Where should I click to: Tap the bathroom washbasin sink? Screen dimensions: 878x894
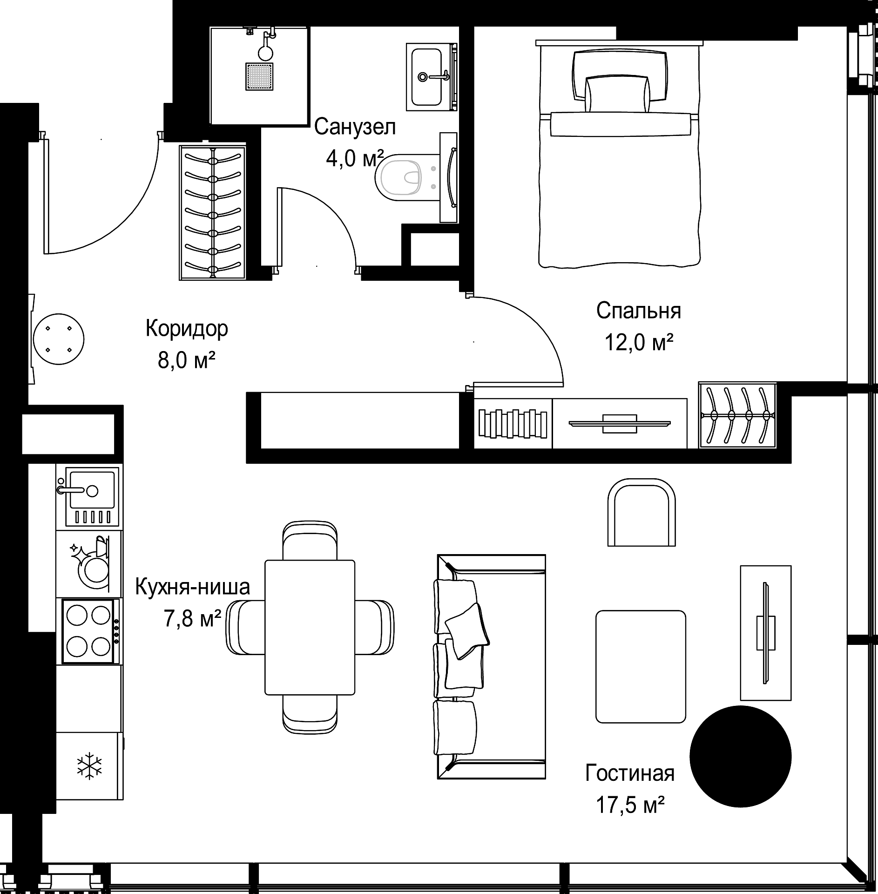[x=426, y=77]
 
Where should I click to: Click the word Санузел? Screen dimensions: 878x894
[x=355, y=127]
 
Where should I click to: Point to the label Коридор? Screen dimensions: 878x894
[x=187, y=328]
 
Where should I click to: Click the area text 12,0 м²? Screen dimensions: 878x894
[x=639, y=343]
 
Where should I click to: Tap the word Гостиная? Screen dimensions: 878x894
[x=630, y=773]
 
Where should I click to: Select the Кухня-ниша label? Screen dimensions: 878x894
[x=193, y=587]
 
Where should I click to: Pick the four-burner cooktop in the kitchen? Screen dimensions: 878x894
[x=88, y=631]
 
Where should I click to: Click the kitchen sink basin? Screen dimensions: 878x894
[x=92, y=489]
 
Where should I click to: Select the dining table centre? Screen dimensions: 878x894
[x=310, y=627]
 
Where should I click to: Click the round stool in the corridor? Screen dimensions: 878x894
[x=59, y=339]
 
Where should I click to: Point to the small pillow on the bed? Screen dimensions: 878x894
[x=617, y=94]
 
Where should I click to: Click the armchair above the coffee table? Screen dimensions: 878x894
[x=642, y=512]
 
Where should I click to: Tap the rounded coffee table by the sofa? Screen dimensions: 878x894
[x=641, y=666]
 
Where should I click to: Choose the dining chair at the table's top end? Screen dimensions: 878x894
[x=310, y=540]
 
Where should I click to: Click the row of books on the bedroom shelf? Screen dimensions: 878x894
[x=513, y=423]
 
